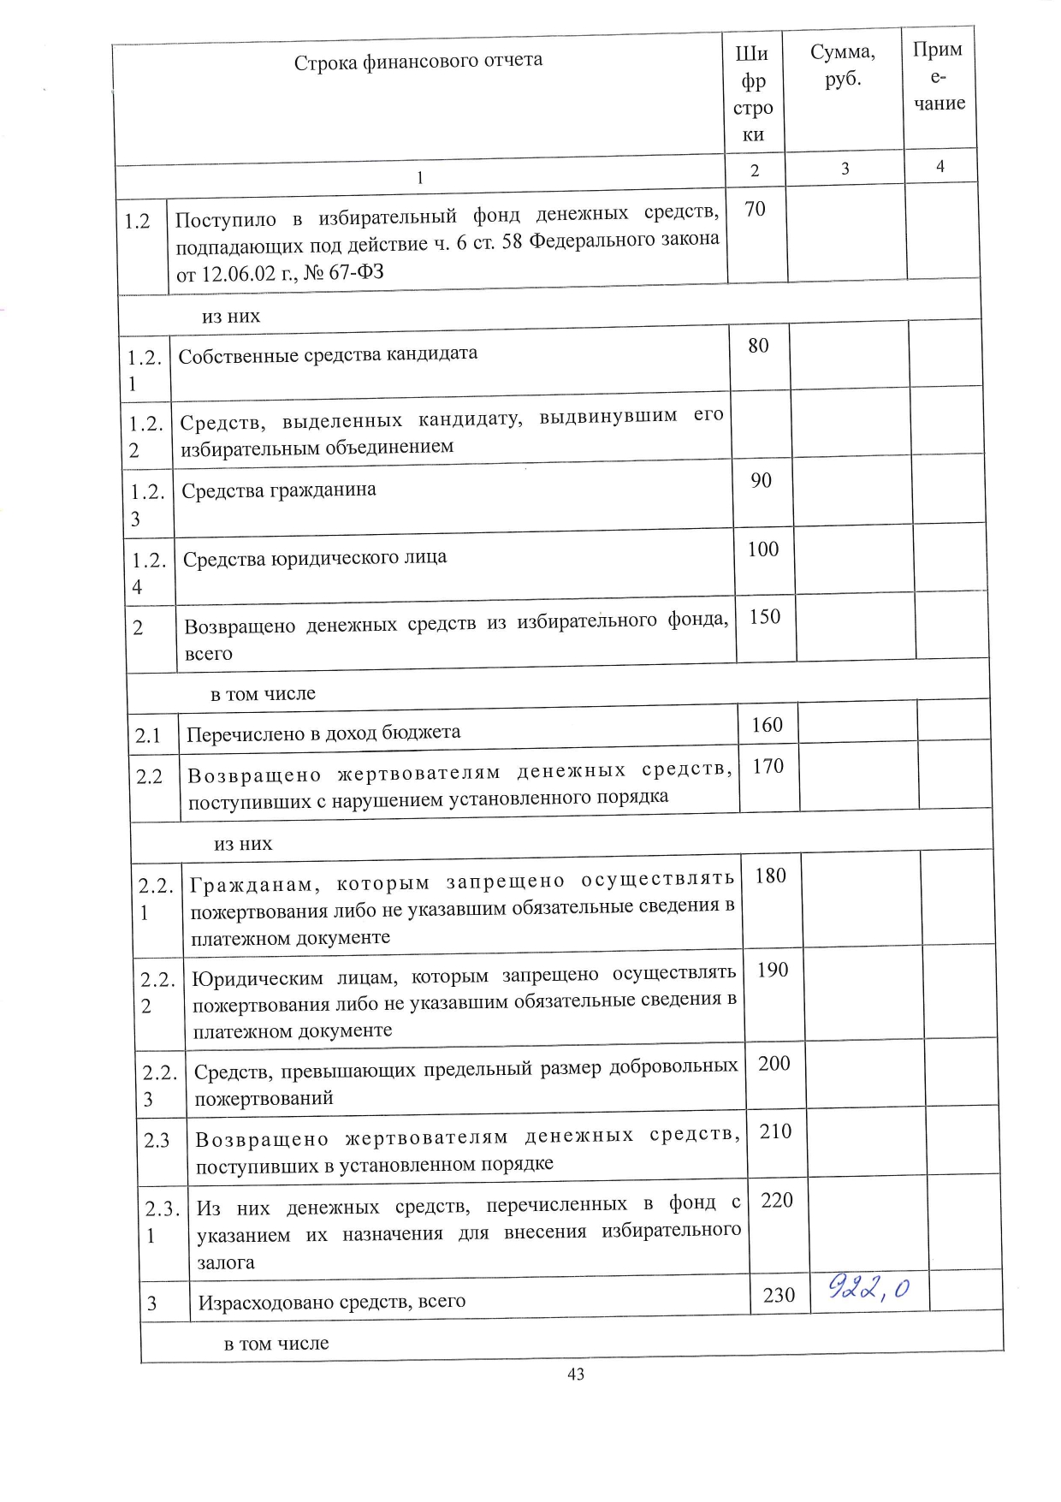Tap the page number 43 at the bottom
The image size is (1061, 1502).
(x=576, y=1374)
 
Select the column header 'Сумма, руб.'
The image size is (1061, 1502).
(x=843, y=66)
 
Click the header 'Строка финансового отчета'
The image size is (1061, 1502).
(x=418, y=61)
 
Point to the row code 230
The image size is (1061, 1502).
(x=779, y=1295)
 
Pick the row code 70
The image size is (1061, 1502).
(x=755, y=209)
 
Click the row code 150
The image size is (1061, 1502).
(x=764, y=616)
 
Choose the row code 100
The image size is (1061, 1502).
(x=762, y=549)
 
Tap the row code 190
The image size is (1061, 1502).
(x=772, y=970)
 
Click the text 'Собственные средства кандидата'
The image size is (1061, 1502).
(x=328, y=353)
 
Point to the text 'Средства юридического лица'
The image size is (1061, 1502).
(x=315, y=558)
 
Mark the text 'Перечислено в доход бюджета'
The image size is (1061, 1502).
(x=323, y=733)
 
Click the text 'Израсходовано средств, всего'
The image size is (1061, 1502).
(x=332, y=1302)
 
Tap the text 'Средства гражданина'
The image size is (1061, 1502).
(x=279, y=490)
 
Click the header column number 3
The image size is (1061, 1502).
(x=845, y=169)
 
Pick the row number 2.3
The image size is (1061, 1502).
(x=157, y=1140)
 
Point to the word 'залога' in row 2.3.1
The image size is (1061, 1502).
(x=226, y=1262)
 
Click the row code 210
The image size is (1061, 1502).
(x=775, y=1131)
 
